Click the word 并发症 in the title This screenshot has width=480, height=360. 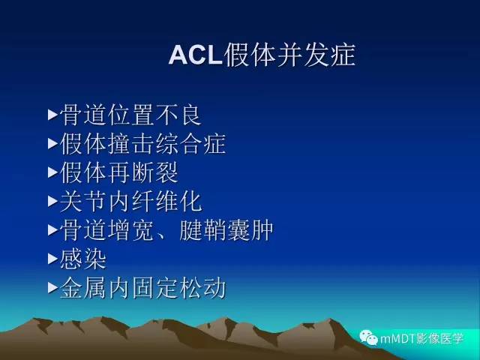click(316, 55)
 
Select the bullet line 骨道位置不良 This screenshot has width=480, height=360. click(130, 115)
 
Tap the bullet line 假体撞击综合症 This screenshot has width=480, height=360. click(142, 144)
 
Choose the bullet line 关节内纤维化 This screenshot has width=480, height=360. click(130, 201)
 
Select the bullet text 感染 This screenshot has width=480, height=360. click(83, 259)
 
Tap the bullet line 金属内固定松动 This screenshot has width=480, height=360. click(142, 287)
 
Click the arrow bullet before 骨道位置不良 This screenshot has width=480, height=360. click(52, 115)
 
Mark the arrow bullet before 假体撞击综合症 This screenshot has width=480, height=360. click(52, 144)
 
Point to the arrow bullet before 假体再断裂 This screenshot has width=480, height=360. click(52, 172)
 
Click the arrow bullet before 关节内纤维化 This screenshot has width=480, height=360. click(52, 202)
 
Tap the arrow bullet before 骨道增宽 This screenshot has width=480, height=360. click(52, 230)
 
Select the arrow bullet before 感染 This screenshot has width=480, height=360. click(52, 259)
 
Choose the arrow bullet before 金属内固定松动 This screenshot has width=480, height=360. click(52, 288)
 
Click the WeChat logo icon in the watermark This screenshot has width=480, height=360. click(372, 337)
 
